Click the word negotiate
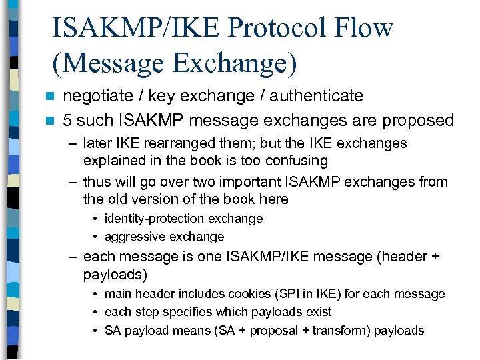(98, 96)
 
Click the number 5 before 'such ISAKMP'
(67, 121)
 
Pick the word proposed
(418, 121)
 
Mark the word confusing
(295, 161)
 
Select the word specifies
(182, 312)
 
